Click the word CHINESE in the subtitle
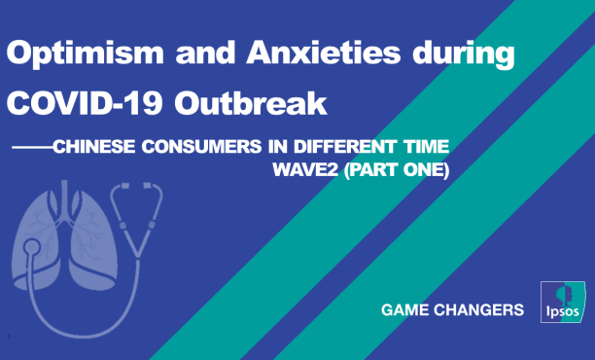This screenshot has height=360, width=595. coord(91,148)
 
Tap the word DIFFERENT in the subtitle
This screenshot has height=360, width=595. coord(348,148)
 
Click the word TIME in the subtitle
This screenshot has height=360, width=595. coord(427,148)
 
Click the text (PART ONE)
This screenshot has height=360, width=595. coord(398,167)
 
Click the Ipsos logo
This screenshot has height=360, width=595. coord(561,306)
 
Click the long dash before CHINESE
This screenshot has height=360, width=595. coord(30,148)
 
